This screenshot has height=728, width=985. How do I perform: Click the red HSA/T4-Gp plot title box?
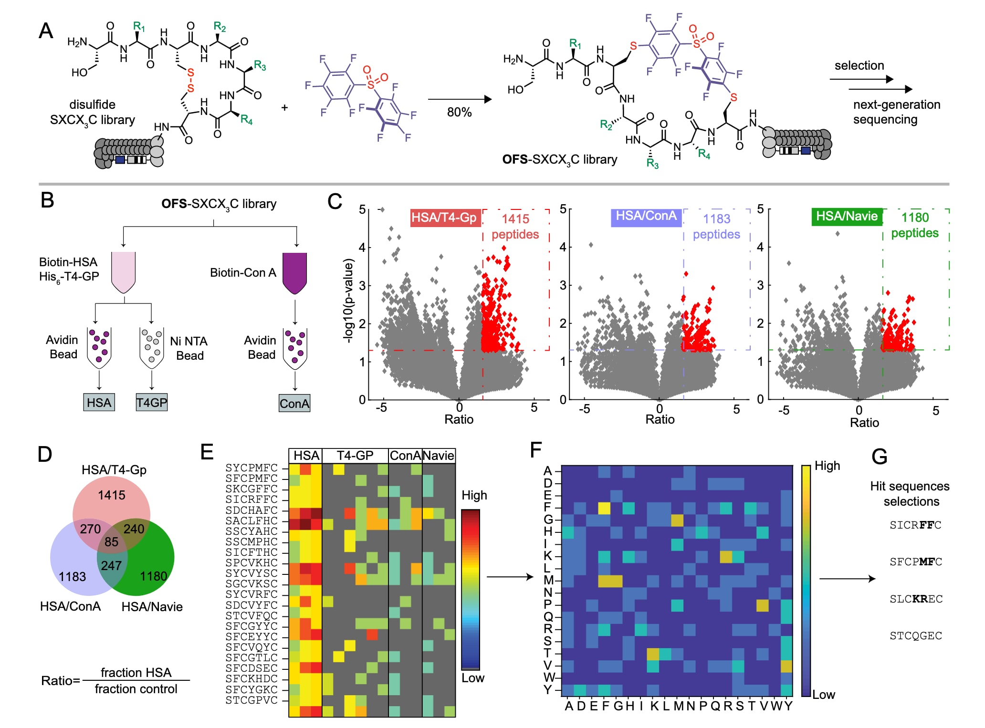444,218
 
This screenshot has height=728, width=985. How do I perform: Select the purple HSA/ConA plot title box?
646,216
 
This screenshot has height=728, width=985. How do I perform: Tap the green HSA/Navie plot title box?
847,216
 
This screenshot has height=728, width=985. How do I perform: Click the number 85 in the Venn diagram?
111,542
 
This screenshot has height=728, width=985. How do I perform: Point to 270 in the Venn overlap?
90,529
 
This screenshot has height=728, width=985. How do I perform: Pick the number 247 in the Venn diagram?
111,566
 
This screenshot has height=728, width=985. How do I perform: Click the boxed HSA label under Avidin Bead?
99,403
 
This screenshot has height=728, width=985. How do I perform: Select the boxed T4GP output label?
151,403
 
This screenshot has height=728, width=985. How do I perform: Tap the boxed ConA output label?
294,404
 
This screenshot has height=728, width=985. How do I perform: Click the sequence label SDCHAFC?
251,510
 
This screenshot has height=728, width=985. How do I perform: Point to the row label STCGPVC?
251,700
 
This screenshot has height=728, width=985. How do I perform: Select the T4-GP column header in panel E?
355,456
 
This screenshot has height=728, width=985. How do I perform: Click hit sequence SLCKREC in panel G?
916,599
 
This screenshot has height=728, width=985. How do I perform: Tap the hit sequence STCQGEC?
916,636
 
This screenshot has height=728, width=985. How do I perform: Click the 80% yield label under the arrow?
459,113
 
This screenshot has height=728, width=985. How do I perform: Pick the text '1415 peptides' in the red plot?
515,227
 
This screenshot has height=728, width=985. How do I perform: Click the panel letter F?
536,449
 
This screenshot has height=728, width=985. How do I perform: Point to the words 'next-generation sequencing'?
896,112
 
